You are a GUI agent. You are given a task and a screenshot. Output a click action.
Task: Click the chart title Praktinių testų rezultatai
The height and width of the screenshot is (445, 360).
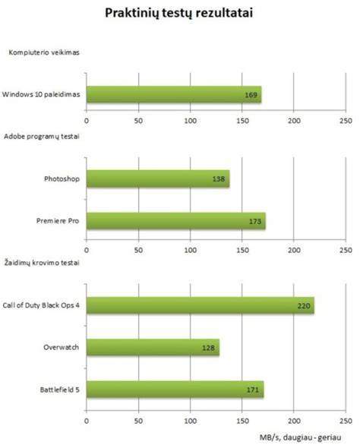click(179, 13)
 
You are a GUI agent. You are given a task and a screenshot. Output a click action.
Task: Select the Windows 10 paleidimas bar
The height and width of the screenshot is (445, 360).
click(174, 94)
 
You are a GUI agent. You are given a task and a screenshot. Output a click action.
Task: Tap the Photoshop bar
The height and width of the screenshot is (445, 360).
click(158, 178)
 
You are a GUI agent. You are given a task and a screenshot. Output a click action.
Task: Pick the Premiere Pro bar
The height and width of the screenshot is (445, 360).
click(176, 221)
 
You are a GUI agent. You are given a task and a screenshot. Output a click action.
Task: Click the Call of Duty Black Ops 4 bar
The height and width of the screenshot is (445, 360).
click(201, 305)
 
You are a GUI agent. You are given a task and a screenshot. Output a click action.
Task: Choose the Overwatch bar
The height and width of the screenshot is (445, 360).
click(153, 347)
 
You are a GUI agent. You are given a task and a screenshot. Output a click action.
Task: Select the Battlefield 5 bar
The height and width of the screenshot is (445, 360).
click(175, 390)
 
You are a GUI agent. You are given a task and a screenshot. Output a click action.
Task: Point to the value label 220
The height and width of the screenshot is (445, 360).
click(304, 306)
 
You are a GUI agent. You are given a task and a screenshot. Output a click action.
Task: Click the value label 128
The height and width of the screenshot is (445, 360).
click(208, 348)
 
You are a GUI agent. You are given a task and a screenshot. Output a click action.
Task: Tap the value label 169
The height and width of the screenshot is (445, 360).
click(251, 95)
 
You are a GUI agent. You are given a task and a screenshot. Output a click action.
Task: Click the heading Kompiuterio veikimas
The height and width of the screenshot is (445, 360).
click(44, 52)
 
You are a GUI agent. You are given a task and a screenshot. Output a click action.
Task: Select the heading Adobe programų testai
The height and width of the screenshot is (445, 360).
click(42, 137)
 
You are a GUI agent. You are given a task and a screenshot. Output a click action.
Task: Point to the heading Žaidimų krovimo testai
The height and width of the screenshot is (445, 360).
click(42, 263)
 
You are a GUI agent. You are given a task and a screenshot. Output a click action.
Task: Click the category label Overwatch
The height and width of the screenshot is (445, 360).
click(61, 347)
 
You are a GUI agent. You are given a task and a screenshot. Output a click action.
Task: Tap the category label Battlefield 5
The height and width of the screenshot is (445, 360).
click(59, 390)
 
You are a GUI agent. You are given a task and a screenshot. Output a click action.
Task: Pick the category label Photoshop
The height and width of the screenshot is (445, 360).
click(62, 178)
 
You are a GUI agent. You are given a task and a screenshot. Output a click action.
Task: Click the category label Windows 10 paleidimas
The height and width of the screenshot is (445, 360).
click(41, 94)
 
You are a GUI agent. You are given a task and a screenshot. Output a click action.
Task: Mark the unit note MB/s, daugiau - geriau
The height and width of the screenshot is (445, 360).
click(300, 437)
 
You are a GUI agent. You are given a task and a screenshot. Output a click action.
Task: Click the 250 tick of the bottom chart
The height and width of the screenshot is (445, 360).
click(346, 421)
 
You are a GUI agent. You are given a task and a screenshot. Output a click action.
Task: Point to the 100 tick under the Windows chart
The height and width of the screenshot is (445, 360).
click(190, 121)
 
